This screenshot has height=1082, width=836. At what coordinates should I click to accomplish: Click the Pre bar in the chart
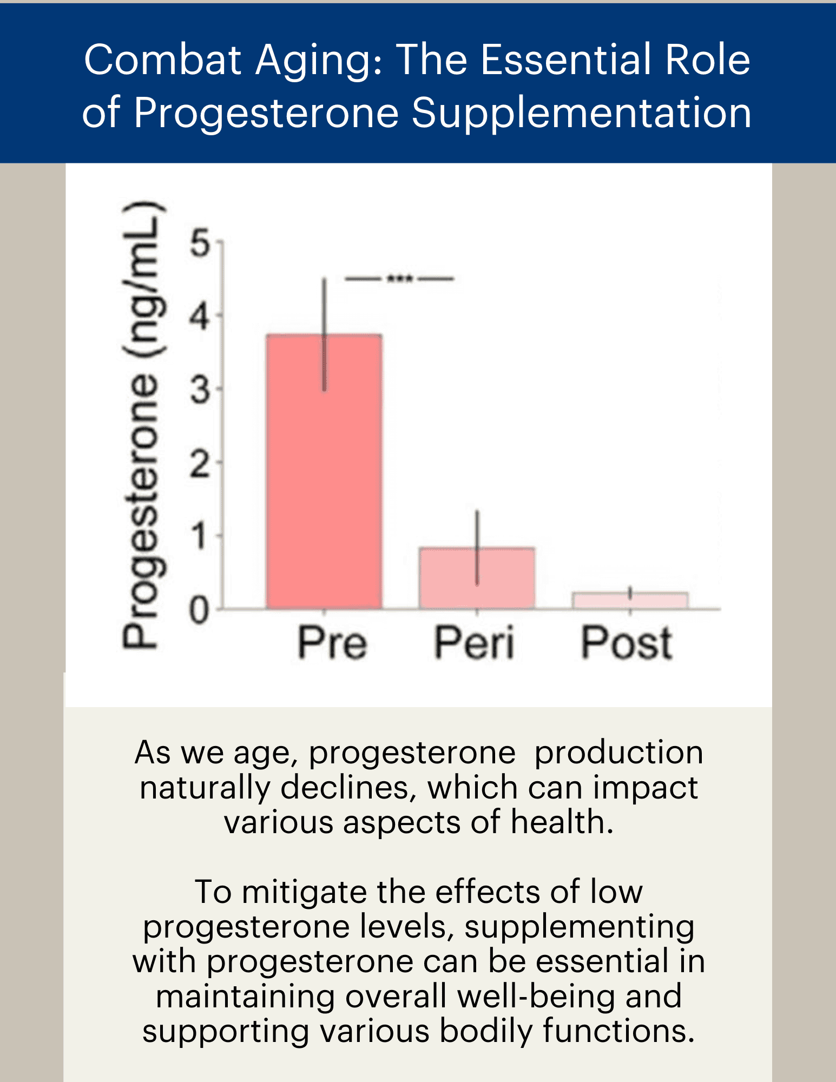point(324,471)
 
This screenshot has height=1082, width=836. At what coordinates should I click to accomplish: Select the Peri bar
point(477,577)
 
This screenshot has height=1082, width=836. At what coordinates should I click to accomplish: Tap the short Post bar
point(630,601)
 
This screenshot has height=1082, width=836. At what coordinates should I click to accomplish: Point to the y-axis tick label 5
point(200,243)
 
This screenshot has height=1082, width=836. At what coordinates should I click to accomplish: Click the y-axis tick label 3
point(200,390)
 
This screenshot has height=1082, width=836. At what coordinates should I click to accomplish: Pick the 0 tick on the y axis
point(199,611)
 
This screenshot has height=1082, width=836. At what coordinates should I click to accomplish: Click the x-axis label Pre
point(332,643)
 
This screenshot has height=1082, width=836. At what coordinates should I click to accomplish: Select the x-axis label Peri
point(474,643)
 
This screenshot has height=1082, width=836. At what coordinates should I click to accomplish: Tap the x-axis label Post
point(626,643)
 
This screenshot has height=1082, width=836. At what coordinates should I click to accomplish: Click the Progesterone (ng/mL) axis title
point(142,425)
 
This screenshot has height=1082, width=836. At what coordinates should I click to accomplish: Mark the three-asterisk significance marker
point(400,279)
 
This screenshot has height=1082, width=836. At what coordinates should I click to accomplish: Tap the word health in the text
point(561,822)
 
